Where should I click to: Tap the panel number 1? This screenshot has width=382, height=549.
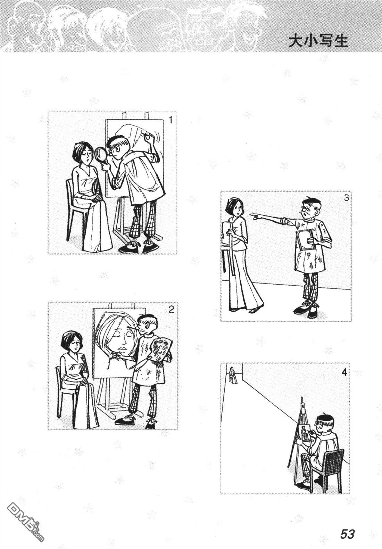tap(171, 120)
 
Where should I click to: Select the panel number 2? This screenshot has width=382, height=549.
tap(171, 310)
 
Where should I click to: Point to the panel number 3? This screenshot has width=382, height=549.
tap(346, 198)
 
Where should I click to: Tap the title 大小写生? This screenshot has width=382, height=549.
tap(318, 42)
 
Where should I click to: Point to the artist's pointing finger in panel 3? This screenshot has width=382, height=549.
tap(254, 215)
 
